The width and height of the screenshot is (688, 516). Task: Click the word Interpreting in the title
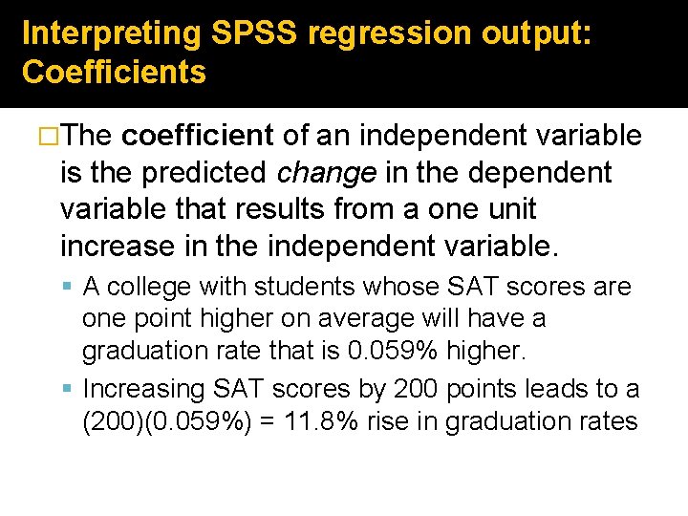111,33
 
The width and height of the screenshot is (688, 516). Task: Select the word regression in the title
389,33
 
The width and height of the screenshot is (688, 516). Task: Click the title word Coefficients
114,73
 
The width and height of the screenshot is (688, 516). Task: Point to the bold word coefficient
200,136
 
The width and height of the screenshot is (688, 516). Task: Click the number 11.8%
398,421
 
